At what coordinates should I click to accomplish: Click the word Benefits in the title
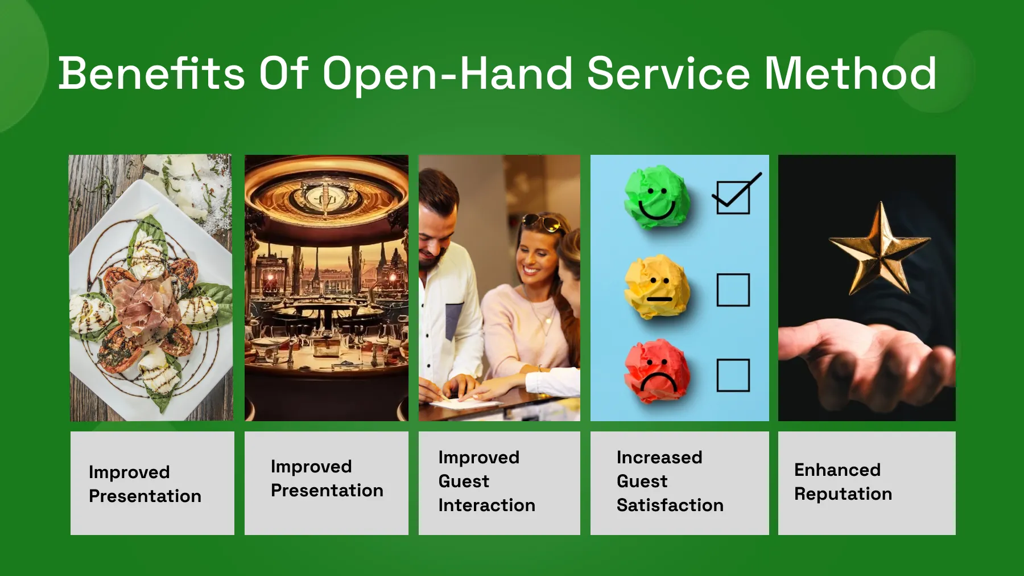(152, 73)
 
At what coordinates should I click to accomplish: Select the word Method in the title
(850, 73)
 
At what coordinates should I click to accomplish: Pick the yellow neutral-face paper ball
(657, 286)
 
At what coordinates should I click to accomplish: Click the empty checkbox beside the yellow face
(733, 290)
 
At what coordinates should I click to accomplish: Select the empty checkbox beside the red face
(733, 375)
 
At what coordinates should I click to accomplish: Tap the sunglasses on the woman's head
(544, 221)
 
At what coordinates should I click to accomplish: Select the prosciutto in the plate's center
(147, 305)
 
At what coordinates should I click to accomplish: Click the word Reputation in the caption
(843, 494)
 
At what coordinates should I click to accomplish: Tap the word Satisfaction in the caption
(670, 505)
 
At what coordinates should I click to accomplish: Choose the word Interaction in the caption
(487, 505)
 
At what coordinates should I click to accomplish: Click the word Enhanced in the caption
(837, 470)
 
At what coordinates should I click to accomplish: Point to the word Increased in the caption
(659, 457)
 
